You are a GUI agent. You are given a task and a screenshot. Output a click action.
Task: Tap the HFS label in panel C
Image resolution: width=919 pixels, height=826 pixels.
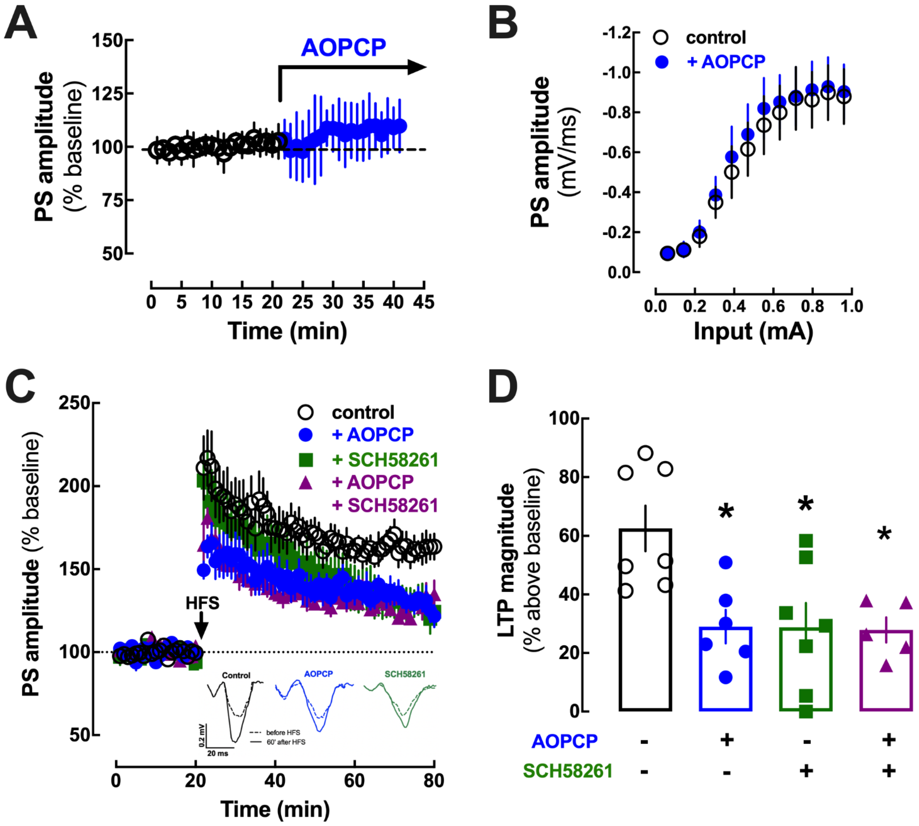(x=202, y=603)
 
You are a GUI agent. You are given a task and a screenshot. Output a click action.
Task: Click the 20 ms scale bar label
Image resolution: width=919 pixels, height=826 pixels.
(x=218, y=753)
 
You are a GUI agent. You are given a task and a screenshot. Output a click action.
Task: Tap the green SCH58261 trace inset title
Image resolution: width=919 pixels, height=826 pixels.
(x=405, y=674)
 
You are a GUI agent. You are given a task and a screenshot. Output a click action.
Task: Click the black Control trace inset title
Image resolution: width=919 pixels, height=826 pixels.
(x=236, y=675)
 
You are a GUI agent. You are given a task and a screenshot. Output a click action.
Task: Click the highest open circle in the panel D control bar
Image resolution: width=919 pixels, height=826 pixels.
(x=645, y=453)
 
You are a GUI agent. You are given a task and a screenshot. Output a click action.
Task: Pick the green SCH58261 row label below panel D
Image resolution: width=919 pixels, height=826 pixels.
(x=568, y=771)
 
